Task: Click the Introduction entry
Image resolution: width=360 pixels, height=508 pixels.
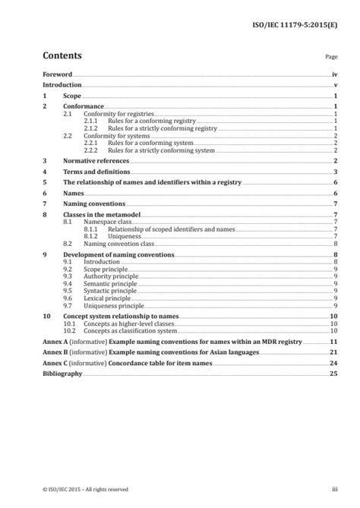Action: point(62,86)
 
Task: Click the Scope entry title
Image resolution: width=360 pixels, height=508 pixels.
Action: point(73,97)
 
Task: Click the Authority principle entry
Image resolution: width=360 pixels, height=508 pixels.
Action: point(113,275)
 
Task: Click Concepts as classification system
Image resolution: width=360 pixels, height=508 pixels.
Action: point(130,331)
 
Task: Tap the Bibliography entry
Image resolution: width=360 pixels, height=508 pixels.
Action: point(62,374)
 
